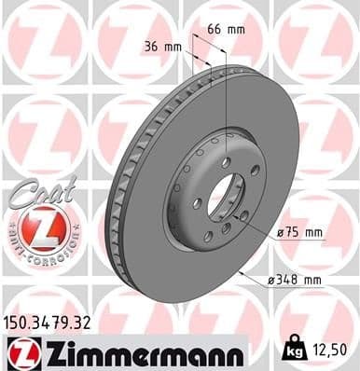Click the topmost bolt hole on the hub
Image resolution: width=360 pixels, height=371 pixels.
(x=225, y=163)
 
